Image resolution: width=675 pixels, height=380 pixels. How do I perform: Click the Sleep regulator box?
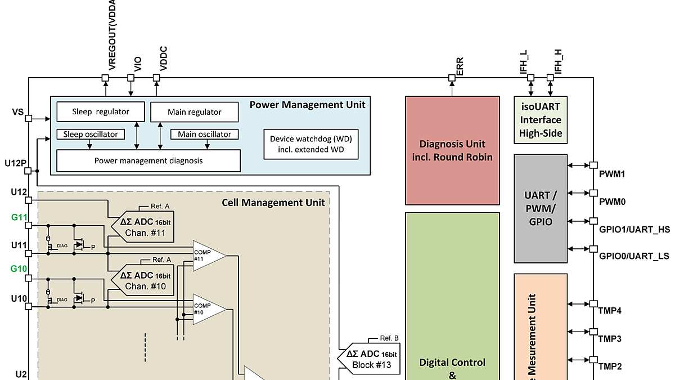(x=101, y=111)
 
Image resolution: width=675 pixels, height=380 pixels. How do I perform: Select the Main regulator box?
(x=194, y=112)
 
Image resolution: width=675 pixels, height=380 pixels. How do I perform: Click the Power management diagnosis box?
(x=148, y=160)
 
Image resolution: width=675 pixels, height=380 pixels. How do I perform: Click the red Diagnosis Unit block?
(x=452, y=150)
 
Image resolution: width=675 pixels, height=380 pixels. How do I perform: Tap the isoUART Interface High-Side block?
(x=540, y=119)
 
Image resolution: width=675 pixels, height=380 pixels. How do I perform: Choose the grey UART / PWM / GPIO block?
(x=540, y=208)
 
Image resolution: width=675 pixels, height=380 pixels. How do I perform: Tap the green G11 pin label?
(x=19, y=218)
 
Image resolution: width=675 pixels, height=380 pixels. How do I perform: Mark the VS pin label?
(x=17, y=113)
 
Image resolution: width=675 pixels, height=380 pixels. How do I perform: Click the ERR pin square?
(x=452, y=78)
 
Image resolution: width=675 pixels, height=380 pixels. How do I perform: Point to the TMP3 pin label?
(x=610, y=339)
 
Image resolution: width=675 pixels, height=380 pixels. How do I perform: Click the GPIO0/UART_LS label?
(x=634, y=256)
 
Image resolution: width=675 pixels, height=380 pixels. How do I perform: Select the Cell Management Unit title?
(x=273, y=202)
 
